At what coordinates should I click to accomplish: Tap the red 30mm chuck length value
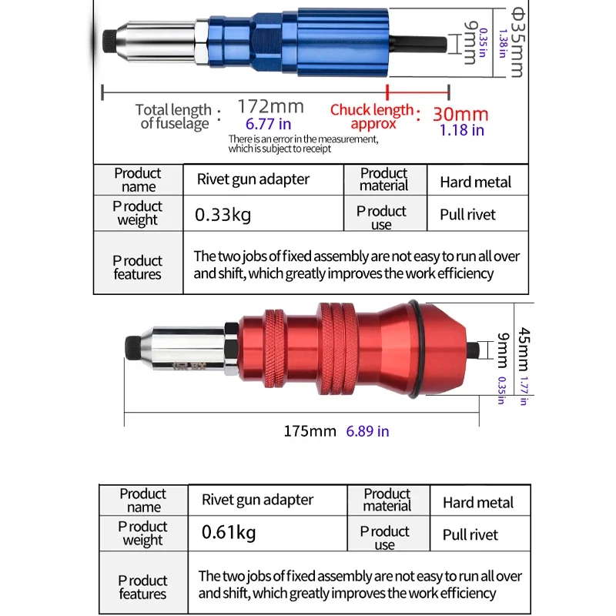pos(460,114)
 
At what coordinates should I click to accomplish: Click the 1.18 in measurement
pos(461,130)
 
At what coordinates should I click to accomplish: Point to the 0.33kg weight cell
pos(223,215)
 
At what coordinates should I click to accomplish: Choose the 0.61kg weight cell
pos(229,532)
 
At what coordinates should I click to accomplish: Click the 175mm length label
pos(310,431)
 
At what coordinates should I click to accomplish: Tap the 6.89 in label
pos(367,431)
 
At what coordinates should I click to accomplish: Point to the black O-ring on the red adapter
pos(416,350)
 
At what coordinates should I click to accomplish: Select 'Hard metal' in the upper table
pos(475,182)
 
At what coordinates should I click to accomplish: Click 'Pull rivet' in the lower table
pos(470,535)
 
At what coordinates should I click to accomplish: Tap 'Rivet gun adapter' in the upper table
pos(253,180)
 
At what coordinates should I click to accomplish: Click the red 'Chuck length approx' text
pos(373,116)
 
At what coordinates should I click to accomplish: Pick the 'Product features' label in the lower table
pos(143,587)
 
